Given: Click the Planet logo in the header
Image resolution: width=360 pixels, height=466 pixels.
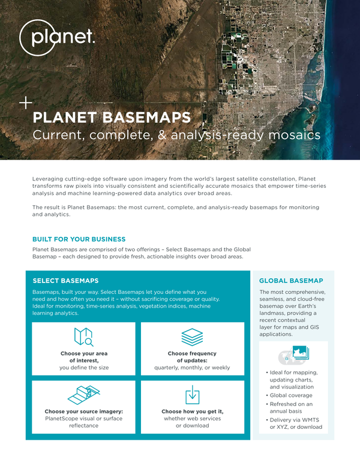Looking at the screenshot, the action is pos(57,38).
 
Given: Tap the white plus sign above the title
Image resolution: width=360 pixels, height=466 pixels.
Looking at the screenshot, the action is pos(26,103).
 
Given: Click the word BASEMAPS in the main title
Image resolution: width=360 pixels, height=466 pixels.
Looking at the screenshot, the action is pos(146,118).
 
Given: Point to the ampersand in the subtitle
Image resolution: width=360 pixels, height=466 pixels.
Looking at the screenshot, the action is pos(162,135).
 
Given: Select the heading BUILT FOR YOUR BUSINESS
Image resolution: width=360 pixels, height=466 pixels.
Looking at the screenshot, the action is pos(79,239).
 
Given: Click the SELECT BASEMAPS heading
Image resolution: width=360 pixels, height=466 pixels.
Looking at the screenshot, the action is pos(65,281).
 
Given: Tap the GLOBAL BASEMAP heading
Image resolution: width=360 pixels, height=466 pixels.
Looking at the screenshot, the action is pos(291,281).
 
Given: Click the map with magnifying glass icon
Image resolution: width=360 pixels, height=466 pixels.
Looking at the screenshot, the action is pos(84,337).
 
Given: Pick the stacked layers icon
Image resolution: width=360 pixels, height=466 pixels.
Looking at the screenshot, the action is pos(192,337).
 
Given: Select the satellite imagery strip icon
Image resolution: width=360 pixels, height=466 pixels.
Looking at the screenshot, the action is pos(84,395).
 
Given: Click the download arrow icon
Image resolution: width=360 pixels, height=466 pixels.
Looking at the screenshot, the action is pos(193,395).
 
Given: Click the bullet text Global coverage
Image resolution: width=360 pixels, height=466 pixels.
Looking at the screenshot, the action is pos(291,395).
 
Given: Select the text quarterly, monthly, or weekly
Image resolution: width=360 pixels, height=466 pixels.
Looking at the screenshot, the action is pos(192,368).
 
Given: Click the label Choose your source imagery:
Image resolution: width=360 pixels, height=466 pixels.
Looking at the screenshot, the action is pos(84,411).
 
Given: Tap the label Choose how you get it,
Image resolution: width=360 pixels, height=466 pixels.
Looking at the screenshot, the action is pos(193,411).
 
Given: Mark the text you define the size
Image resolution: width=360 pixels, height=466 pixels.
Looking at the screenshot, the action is pos(84,368).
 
